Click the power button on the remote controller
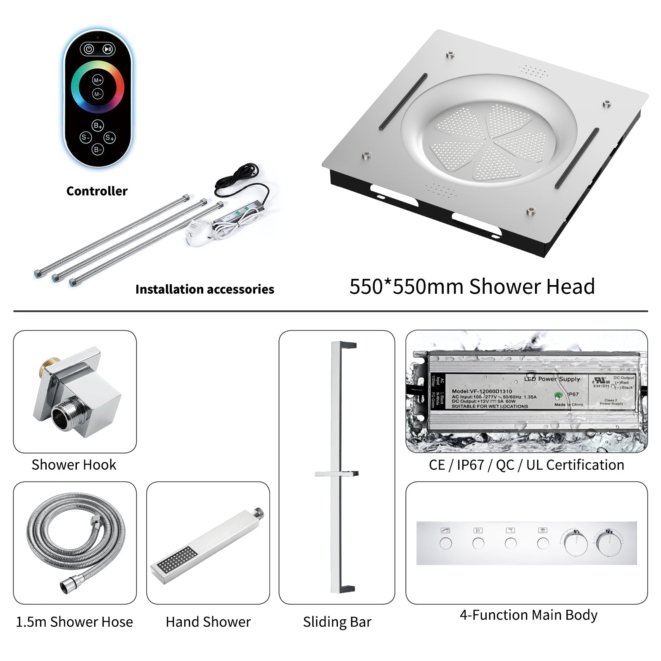point(89,49)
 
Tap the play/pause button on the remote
point(107,49)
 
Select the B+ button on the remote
point(98,126)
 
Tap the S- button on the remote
point(86,138)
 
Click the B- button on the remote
point(98,150)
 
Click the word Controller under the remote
point(97,191)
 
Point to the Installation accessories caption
point(205,289)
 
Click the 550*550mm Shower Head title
point(472,286)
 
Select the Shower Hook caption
point(74,465)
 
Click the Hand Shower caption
point(208,622)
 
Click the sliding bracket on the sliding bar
point(337,474)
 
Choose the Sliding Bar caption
point(337,622)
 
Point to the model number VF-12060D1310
point(482,391)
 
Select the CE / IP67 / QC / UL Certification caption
point(526,465)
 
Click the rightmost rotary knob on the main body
point(609,544)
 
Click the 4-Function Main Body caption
point(528,615)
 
